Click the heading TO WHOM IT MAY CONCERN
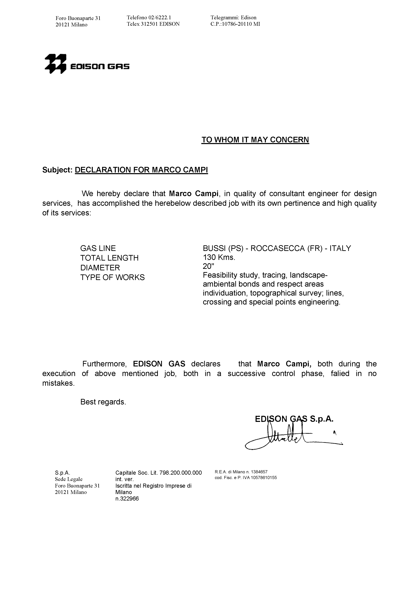point(255,140)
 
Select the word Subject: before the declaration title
point(57,170)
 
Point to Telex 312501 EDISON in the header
point(153,24)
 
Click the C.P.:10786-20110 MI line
point(235,24)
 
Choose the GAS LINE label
point(98,248)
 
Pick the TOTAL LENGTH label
point(109,258)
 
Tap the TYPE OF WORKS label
point(112,277)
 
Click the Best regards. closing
point(103,402)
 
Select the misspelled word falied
point(340,374)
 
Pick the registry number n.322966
point(127,499)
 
